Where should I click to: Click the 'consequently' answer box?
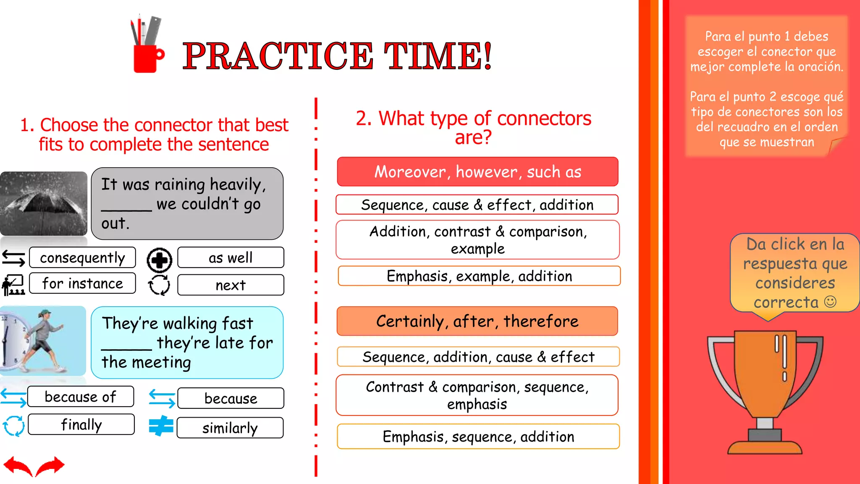82,258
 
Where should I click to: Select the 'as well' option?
231,258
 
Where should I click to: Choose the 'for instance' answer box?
82,284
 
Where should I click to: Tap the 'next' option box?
231,285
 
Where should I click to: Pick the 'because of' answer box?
81,397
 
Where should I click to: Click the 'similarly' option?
230,428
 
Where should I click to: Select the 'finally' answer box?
81,424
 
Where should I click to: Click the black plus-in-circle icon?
159,260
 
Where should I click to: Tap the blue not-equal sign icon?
161,426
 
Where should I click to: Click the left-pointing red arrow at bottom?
18,466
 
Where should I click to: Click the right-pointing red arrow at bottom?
51,466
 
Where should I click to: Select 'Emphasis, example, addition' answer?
479,276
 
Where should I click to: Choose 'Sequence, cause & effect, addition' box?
477,205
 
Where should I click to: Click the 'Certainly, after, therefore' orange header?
477,321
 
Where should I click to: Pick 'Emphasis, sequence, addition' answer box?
478,437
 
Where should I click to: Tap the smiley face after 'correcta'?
830,302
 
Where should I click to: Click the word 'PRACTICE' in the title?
277,56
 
